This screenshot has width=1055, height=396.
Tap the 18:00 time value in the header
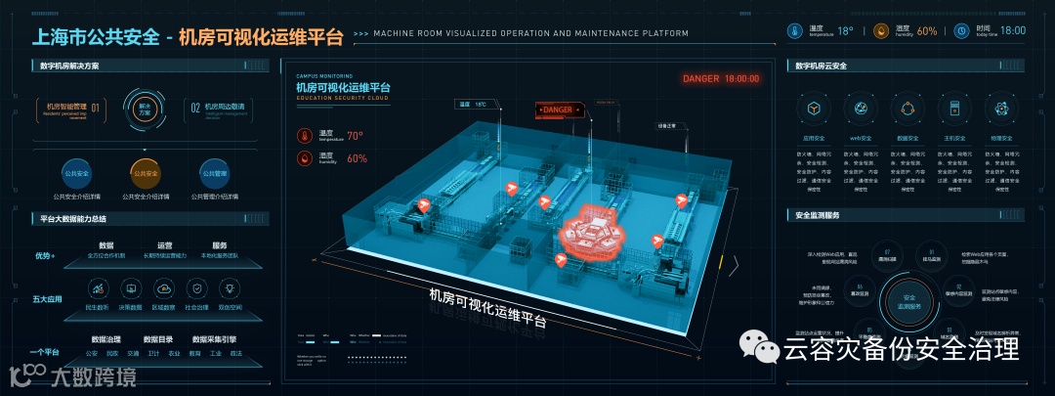tap(1013, 30)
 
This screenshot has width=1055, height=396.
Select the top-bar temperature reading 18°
tap(845, 30)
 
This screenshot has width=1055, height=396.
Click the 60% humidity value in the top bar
tap(926, 30)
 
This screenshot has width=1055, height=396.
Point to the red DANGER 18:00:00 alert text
tap(721, 78)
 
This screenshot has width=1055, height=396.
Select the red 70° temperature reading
tap(355, 136)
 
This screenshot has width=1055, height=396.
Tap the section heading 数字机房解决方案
tap(71, 66)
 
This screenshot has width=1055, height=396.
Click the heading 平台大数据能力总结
tap(74, 218)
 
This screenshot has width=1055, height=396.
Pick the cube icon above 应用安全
tap(814, 108)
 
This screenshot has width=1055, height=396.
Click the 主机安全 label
tap(954, 139)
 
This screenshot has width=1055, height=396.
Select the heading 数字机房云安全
tap(821, 66)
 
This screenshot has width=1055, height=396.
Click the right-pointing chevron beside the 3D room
tap(734, 262)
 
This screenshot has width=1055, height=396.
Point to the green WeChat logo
tap(756, 345)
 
